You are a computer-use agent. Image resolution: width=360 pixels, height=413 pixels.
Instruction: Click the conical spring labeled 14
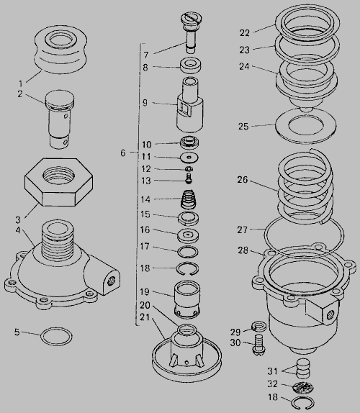pyautogui.click(x=189, y=199)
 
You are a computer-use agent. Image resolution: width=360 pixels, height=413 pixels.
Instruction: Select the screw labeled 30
pyautogui.click(x=258, y=344)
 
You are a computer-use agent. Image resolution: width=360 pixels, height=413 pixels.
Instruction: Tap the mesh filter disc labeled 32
pyautogui.click(x=303, y=387)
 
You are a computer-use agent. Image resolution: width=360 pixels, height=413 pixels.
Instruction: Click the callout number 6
pyautogui.click(x=123, y=153)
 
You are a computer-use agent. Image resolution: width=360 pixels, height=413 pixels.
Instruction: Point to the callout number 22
pyautogui.click(x=244, y=33)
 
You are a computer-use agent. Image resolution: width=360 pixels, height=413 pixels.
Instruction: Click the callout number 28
pyautogui.click(x=243, y=250)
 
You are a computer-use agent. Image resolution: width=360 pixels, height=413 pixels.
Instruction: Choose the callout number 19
pyautogui.click(x=145, y=292)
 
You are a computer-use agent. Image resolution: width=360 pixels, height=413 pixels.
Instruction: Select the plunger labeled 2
pyautogui.click(x=60, y=119)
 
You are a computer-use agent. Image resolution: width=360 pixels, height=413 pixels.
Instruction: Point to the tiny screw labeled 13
pyautogui.click(x=189, y=178)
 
